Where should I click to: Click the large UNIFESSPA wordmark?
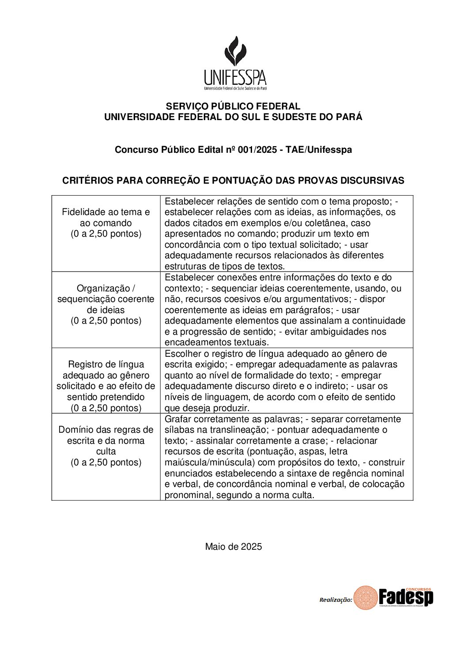pos(235,78)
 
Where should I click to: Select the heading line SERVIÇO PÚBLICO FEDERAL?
pos(233,106)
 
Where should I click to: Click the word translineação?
pos(230,430)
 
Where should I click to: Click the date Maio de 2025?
pos(233,547)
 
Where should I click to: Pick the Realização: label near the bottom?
pos(335,600)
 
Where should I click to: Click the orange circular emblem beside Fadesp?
pos(365,598)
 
